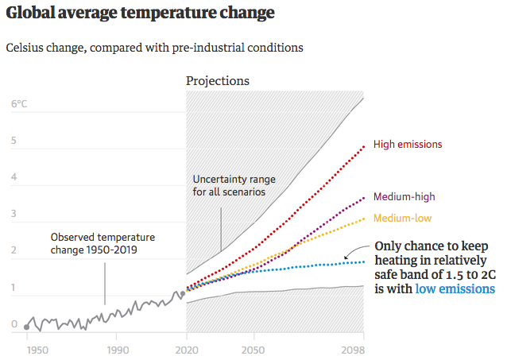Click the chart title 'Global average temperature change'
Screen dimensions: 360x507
[x=140, y=14]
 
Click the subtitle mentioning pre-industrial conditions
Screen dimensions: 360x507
[x=154, y=48]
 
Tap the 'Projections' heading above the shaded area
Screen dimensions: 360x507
[x=217, y=81]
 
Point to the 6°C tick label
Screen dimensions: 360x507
[x=19, y=104]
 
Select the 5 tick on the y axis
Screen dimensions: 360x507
[x=14, y=141]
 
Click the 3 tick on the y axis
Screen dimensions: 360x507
[x=14, y=215]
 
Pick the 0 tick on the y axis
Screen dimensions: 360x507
[x=14, y=324]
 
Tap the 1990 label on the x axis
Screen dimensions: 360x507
[x=118, y=349]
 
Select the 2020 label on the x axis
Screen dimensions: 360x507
[x=186, y=349]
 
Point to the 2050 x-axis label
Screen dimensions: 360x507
[x=253, y=349]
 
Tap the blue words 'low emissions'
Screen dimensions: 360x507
[x=455, y=289]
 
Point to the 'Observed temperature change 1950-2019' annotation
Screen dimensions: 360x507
[x=103, y=244]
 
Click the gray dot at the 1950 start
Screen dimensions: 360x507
[x=27, y=327]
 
